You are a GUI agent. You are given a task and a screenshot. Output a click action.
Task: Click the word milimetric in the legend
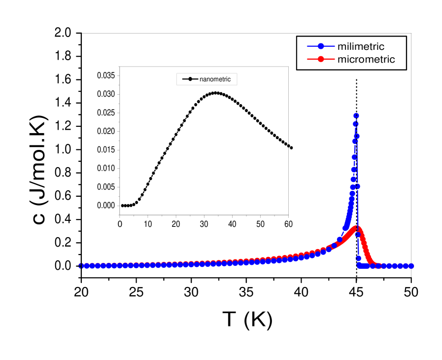coord(361,47)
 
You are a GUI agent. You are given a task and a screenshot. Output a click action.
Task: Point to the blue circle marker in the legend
coord(321,47)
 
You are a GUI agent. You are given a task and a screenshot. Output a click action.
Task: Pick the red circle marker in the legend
coord(321,60)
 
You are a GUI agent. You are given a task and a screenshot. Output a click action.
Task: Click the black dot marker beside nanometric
coord(190,79)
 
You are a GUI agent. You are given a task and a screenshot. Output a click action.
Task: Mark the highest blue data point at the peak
coord(356,116)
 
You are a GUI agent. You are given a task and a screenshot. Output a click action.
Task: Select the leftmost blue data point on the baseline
coord(81,266)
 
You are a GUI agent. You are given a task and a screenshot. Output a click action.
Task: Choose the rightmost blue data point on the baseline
coord(411,266)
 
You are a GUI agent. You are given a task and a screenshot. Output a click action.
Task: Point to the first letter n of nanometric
coord(201,79)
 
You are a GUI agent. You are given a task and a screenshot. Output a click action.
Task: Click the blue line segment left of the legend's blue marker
coord(312,47)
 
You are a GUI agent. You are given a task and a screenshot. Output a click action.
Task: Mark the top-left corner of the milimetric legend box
coord(297,36)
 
